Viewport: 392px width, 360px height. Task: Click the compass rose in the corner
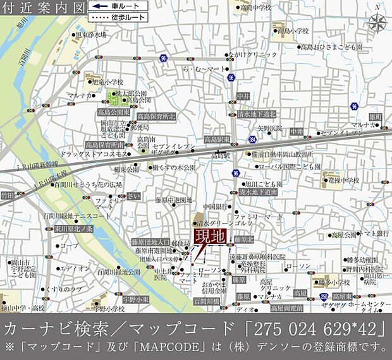point(377,24)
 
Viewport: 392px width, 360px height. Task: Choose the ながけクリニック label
point(254,55)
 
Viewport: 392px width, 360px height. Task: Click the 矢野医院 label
point(270,127)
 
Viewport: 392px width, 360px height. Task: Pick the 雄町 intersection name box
point(375,117)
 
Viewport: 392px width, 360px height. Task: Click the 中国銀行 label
point(215,207)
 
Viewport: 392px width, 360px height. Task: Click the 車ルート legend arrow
point(98,5)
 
